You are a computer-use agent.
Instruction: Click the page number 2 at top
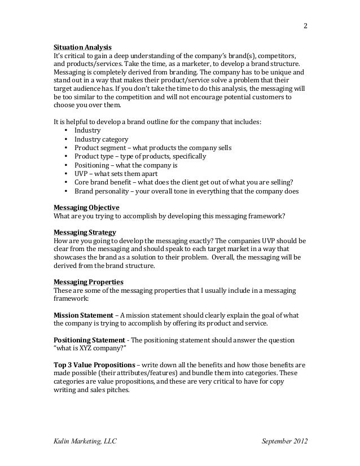(305, 25)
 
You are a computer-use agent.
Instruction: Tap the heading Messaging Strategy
(85, 232)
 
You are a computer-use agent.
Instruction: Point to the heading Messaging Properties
(88, 282)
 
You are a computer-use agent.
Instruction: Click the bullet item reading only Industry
(87, 130)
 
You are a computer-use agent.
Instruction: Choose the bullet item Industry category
(102, 139)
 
